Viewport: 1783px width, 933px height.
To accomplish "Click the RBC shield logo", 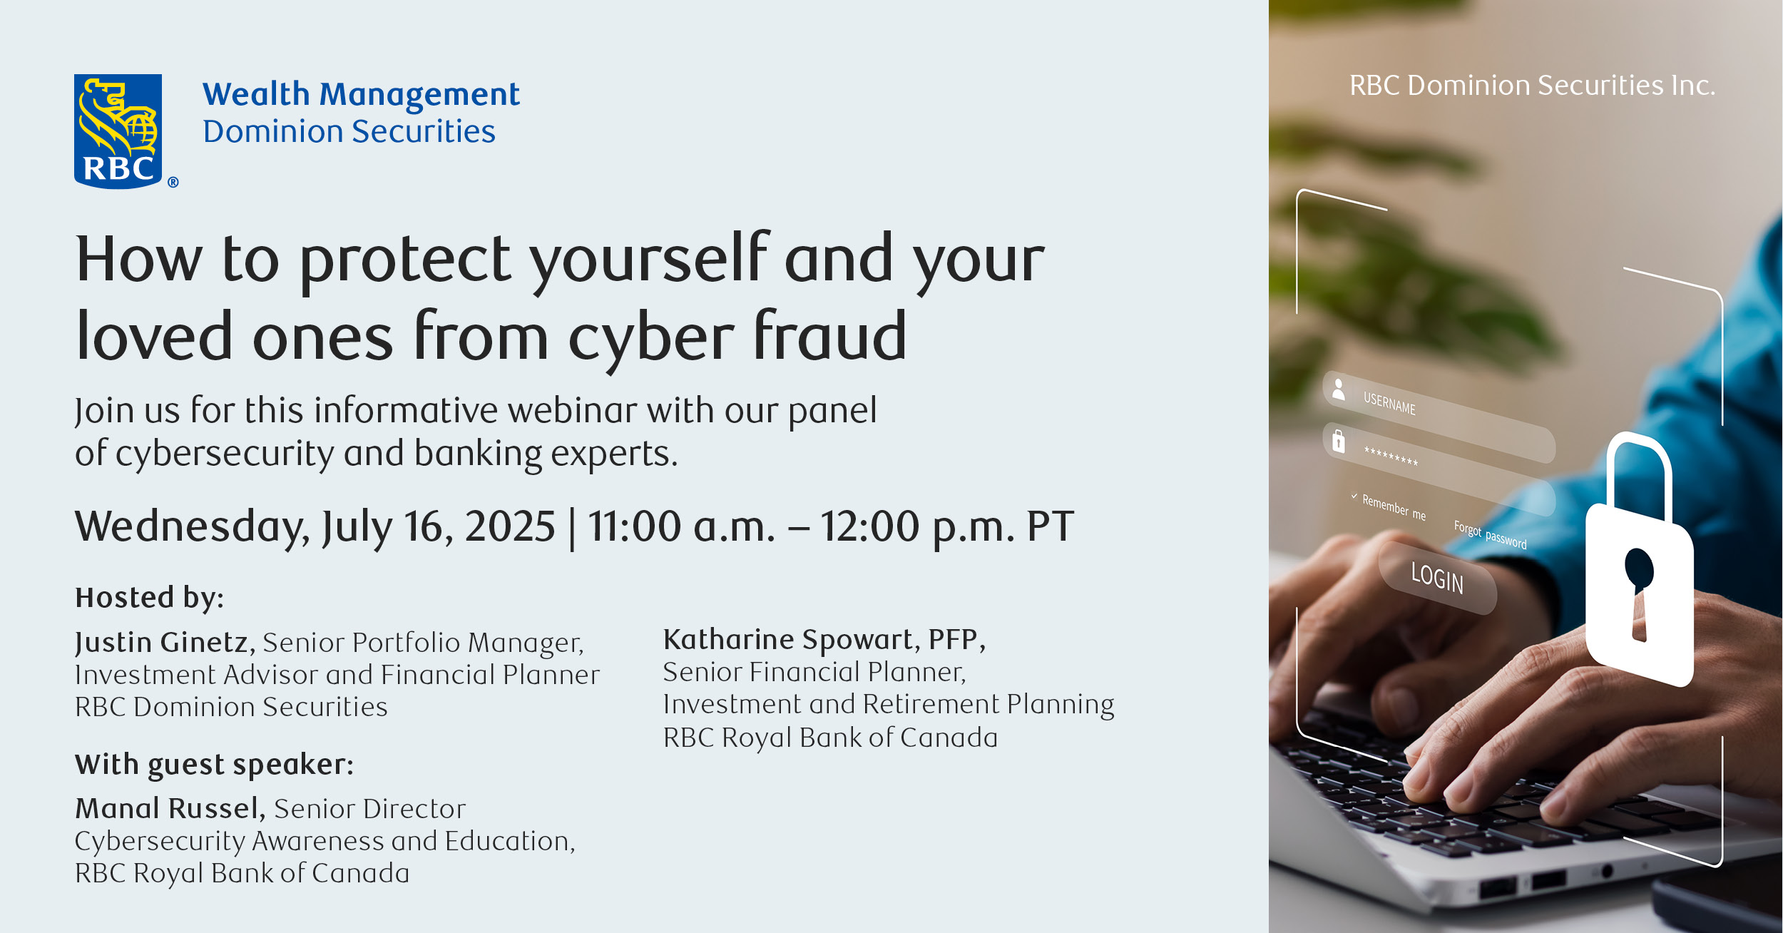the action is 118,131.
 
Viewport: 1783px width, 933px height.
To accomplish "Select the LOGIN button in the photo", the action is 1437,577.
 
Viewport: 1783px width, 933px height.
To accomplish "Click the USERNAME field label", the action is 1389,403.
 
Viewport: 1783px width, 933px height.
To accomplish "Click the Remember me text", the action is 1394,506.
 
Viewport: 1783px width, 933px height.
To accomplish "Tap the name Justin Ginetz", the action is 162,643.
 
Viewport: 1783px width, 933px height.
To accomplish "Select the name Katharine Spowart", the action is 789,640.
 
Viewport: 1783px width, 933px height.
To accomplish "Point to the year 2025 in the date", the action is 509,526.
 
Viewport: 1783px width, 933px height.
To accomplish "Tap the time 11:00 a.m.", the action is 681,526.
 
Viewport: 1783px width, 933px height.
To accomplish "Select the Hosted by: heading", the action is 150,598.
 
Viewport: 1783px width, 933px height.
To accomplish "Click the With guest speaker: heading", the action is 215,765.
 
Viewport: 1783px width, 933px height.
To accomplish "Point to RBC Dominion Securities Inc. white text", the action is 1532,86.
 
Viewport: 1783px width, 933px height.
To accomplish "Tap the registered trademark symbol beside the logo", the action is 173,183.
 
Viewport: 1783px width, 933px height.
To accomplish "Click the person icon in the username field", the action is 1339,389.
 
